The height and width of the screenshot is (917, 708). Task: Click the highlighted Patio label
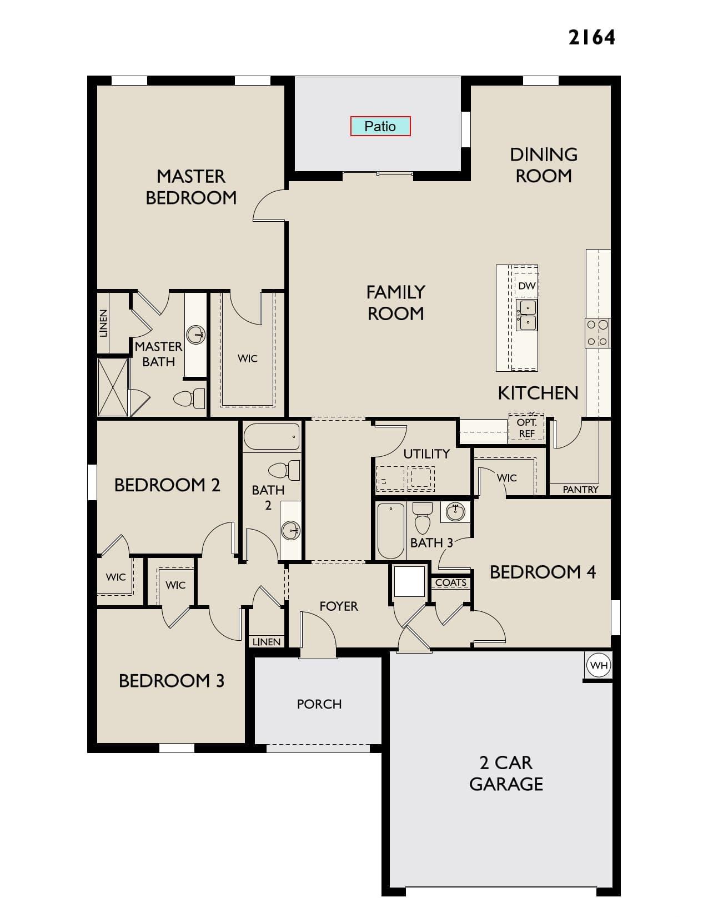pyautogui.click(x=380, y=126)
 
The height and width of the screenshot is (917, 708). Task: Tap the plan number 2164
pyautogui.click(x=591, y=38)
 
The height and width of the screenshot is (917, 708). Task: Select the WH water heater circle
pyautogui.click(x=599, y=665)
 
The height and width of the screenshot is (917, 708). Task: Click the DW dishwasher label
pyautogui.click(x=526, y=286)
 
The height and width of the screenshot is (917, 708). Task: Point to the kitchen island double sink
pyautogui.click(x=527, y=315)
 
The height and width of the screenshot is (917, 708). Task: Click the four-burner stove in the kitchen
pyautogui.click(x=597, y=333)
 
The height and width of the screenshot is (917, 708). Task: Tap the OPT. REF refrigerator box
pyautogui.click(x=526, y=428)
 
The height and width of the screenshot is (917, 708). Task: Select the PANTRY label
pyautogui.click(x=580, y=490)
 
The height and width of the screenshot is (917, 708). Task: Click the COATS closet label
pyautogui.click(x=451, y=582)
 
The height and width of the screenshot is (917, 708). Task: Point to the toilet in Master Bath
pyautogui.click(x=189, y=398)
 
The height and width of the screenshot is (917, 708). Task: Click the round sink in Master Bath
pyautogui.click(x=196, y=335)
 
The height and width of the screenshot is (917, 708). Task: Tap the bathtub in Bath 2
pyautogui.click(x=272, y=437)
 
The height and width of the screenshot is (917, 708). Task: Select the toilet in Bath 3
pyautogui.click(x=423, y=518)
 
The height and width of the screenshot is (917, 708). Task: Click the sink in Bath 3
pyautogui.click(x=455, y=512)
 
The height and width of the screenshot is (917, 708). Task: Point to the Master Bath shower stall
pyautogui.click(x=113, y=387)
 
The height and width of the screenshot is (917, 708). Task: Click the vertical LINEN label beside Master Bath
pyautogui.click(x=103, y=323)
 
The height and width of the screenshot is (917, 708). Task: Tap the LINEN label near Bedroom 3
pyautogui.click(x=267, y=642)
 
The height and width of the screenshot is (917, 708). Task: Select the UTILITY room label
pyautogui.click(x=426, y=454)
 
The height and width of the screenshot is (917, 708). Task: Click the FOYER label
pyautogui.click(x=339, y=606)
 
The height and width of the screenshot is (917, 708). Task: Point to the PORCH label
pyautogui.click(x=319, y=704)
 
